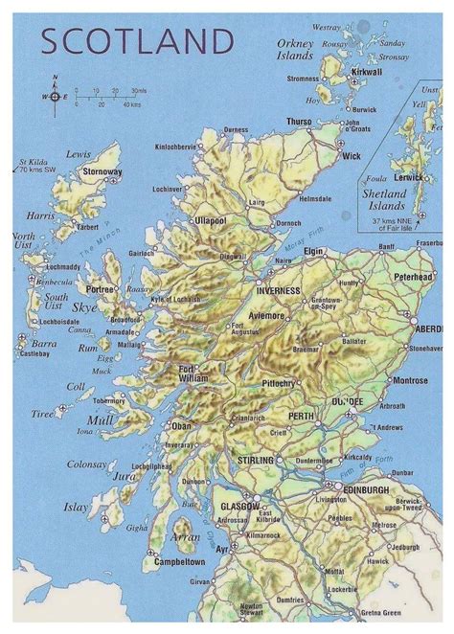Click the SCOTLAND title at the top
[137, 41]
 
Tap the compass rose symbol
[56, 97]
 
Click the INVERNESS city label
[278, 290]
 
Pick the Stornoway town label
[102, 172]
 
